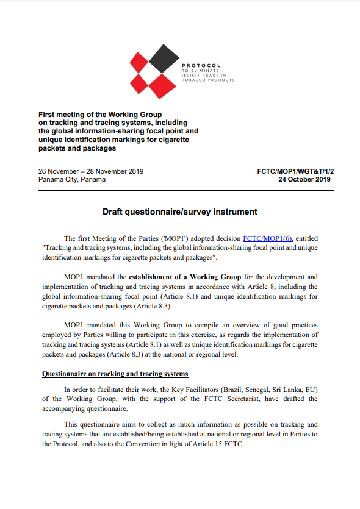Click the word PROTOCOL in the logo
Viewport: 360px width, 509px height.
(x=201, y=65)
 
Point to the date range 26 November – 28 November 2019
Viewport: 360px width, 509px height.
(x=91, y=171)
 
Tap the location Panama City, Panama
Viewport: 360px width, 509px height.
(x=72, y=180)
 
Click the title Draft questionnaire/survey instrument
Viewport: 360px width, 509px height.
(x=179, y=212)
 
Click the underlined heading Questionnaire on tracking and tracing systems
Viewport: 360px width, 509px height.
(x=115, y=373)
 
